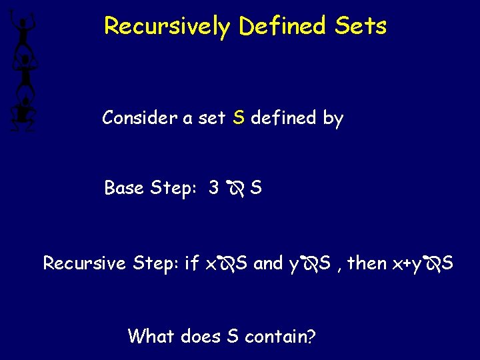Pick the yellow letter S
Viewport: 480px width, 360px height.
click(239, 119)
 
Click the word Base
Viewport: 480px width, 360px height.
click(124, 189)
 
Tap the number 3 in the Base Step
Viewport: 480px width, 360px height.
click(213, 189)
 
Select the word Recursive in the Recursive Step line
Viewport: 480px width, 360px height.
click(85, 263)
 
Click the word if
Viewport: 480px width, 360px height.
click(191, 263)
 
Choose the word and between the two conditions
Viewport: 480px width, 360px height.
click(269, 263)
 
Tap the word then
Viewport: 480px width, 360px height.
click(367, 263)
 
